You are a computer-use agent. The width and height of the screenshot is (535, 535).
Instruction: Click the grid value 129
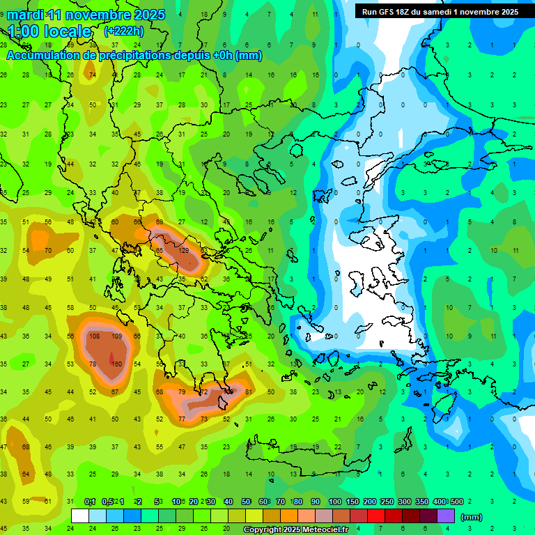point(185,250)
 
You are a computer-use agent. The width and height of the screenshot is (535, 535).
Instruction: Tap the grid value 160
point(117,364)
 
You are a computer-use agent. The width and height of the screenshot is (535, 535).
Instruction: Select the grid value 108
point(95,336)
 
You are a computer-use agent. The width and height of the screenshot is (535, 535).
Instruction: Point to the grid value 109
point(117,336)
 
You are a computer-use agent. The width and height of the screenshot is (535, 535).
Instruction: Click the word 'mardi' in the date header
point(25,15)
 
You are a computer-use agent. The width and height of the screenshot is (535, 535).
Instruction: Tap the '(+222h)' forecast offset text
point(123,31)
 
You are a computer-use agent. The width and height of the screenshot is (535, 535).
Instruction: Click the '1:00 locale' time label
point(49,31)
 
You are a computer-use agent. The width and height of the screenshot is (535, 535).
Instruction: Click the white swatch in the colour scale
point(80,516)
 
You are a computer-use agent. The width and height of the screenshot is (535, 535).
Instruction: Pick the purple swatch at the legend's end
point(446,516)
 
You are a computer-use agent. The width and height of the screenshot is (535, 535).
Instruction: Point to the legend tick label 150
point(353,502)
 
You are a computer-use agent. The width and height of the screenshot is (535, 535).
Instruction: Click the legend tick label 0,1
point(90,502)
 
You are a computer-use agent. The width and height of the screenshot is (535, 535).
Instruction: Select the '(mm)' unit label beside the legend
point(472,518)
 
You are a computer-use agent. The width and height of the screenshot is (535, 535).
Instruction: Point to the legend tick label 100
point(335,502)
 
